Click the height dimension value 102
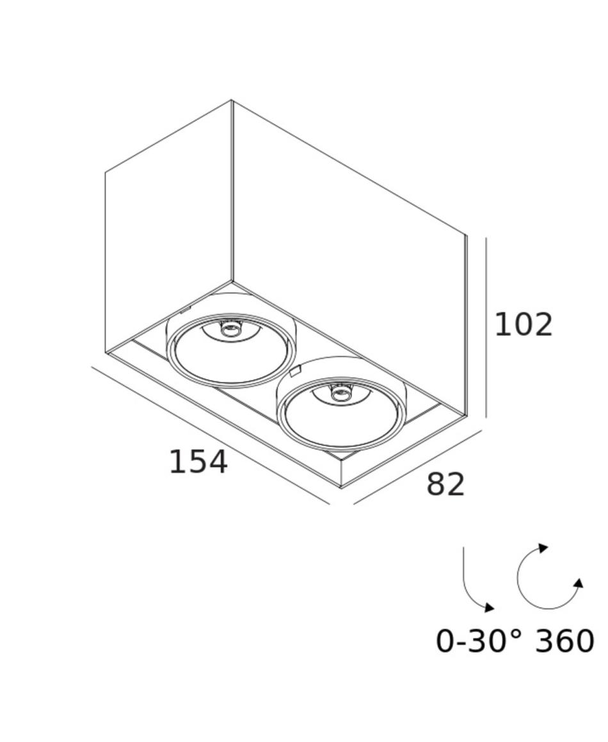(524, 325)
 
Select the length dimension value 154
(198, 462)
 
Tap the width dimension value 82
(445, 485)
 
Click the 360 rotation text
(564, 641)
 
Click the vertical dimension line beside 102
(486, 328)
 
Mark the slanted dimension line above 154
(211, 436)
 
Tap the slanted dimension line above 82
(418, 467)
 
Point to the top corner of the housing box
(232, 100)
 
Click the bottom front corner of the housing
(341, 487)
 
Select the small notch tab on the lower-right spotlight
(294, 371)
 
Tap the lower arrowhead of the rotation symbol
(579, 583)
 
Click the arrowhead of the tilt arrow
(490, 608)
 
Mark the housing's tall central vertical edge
(232, 190)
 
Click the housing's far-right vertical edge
(467, 326)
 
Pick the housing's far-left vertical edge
(105, 263)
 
